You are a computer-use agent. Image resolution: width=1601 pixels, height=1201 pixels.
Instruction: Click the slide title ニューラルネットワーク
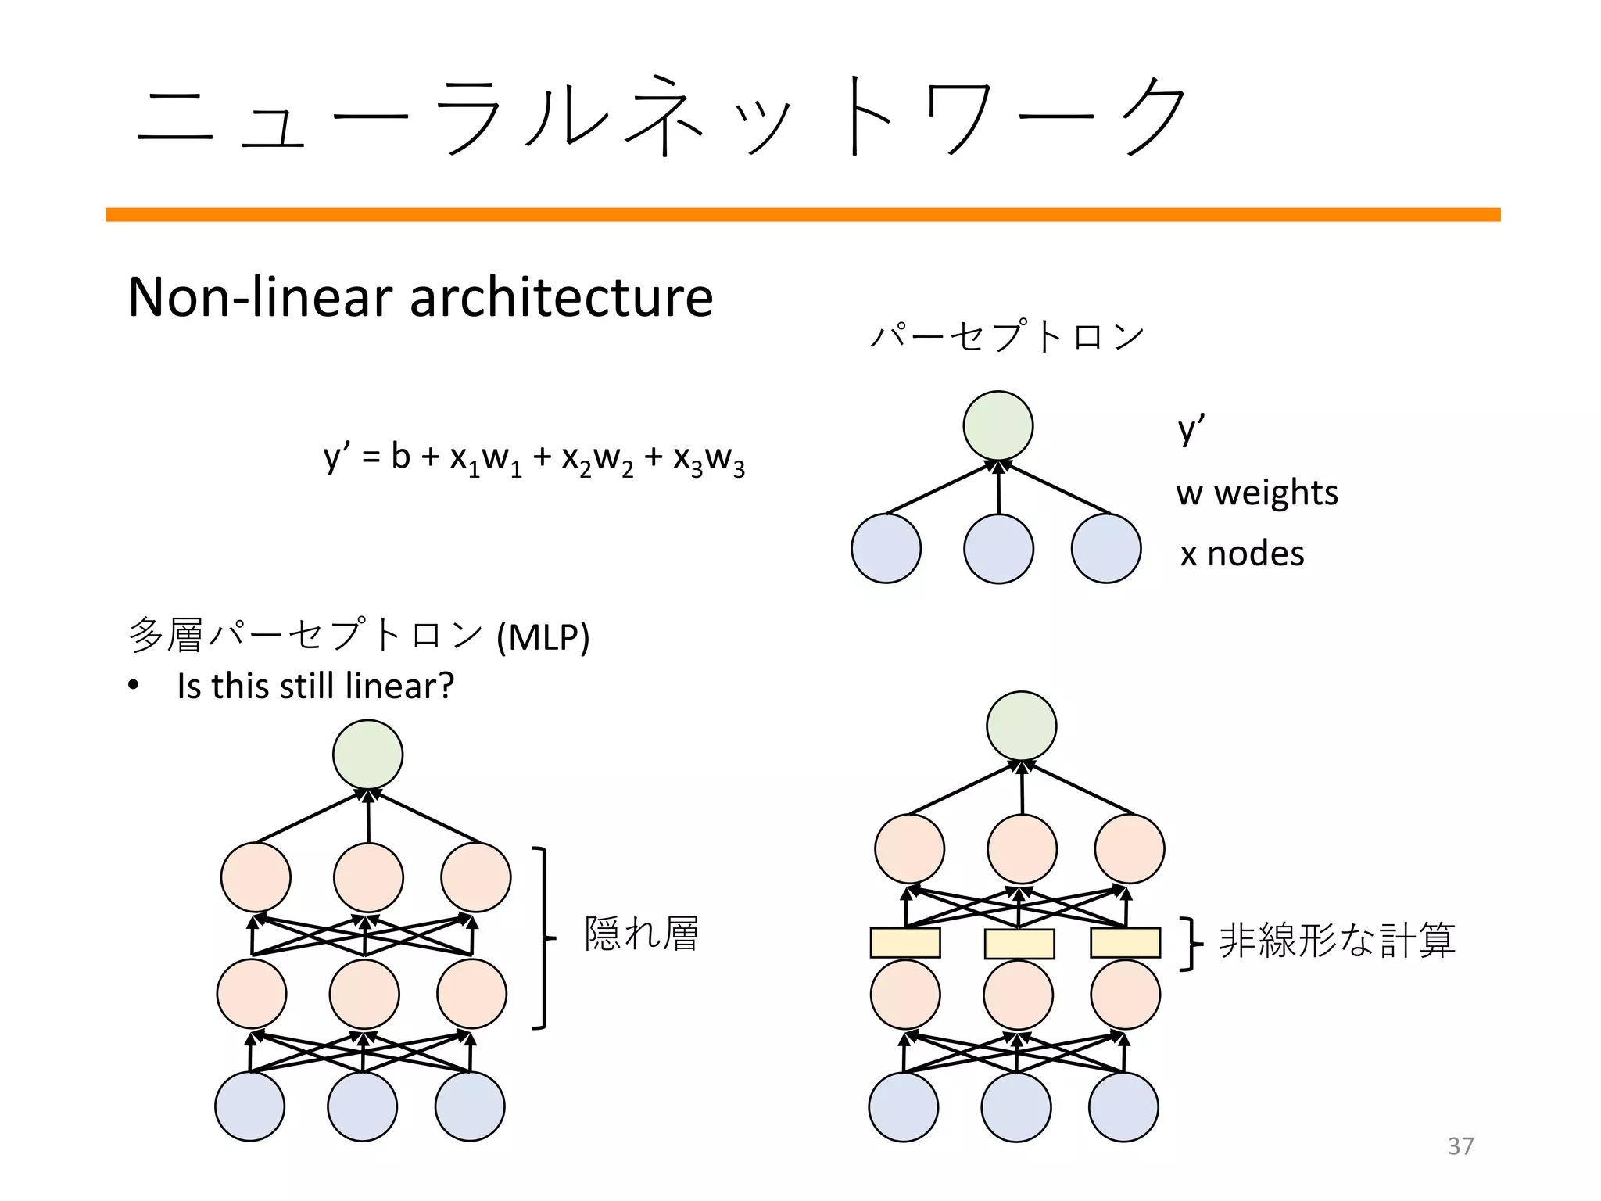click(661, 117)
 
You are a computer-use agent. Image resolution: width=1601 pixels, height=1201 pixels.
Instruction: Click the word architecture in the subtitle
click(561, 297)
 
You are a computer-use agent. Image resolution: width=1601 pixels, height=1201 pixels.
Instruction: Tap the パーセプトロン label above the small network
click(1007, 336)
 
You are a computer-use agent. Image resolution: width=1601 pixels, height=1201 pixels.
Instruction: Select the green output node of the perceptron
click(997, 426)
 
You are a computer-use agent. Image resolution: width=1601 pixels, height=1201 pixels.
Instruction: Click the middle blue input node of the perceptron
click(998, 548)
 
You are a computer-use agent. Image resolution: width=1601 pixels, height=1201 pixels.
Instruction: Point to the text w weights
click(1256, 493)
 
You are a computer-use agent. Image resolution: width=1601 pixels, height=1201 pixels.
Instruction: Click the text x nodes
click(1241, 554)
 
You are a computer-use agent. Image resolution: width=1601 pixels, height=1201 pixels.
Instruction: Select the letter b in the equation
click(400, 456)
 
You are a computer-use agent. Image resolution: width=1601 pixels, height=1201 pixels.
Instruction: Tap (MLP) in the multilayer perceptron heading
click(543, 636)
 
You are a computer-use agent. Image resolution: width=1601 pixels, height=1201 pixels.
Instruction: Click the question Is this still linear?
click(315, 686)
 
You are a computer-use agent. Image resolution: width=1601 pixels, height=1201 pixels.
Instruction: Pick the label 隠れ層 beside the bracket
click(641, 934)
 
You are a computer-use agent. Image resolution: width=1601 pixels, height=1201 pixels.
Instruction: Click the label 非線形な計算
click(1336, 941)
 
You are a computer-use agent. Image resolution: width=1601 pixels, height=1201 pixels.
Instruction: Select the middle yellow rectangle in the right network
click(1019, 943)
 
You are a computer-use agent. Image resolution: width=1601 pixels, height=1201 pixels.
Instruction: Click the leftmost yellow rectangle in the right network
click(904, 942)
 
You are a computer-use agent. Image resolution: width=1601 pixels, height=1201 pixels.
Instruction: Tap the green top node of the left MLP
click(367, 755)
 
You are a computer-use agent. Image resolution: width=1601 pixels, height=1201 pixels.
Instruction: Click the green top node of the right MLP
click(1021, 726)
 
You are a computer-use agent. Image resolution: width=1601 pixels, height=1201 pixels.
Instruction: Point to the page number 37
click(1460, 1145)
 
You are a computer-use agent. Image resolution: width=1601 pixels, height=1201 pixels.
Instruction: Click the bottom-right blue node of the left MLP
click(469, 1106)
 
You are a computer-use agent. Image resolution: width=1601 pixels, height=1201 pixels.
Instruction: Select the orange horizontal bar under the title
click(803, 214)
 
